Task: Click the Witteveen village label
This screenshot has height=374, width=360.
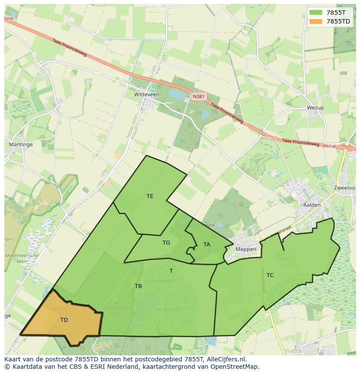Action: click(x=147, y=94)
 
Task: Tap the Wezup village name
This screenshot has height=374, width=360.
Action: click(x=315, y=108)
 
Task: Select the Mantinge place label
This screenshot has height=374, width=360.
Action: click(x=21, y=144)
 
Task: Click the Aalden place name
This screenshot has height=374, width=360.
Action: click(x=312, y=205)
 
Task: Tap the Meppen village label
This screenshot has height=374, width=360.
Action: click(x=246, y=249)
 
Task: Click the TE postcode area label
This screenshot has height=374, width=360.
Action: click(x=150, y=196)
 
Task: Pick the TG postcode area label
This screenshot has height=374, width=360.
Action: click(x=166, y=243)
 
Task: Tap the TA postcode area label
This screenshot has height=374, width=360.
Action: click(x=207, y=245)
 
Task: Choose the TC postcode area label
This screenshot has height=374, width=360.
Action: click(x=270, y=275)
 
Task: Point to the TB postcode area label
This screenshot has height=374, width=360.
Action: click(x=138, y=286)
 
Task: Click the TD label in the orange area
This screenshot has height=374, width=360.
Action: click(x=64, y=320)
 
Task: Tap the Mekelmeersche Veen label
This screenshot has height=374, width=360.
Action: click(x=22, y=258)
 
